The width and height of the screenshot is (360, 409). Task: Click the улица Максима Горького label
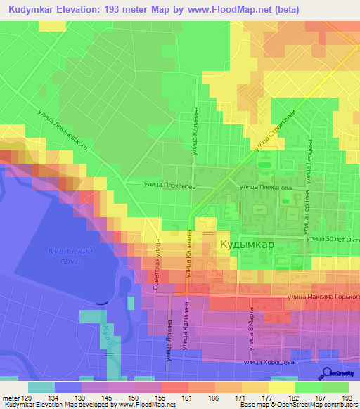pyautogui.click(x=323, y=298)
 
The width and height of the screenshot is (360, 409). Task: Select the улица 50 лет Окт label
pyautogui.click(x=331, y=240)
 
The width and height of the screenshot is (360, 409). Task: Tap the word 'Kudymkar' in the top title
pyautogui.click(x=34, y=10)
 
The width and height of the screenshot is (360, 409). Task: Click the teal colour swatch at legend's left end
pyautogui.click(x=41, y=387)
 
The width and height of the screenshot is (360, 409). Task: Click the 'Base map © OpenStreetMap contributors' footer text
pyautogui.click(x=297, y=405)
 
